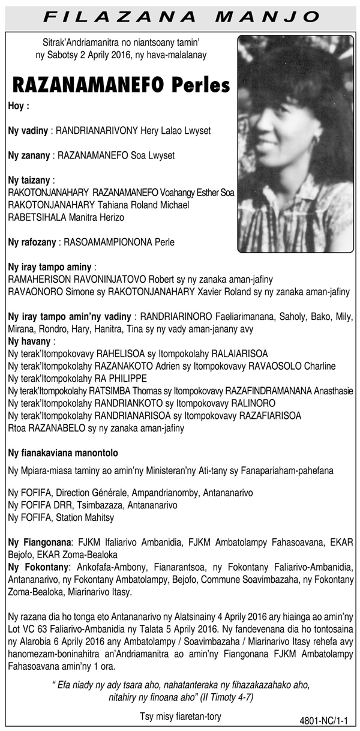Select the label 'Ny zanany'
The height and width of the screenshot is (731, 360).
coord(29,155)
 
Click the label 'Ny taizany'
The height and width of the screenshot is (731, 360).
coord(29,179)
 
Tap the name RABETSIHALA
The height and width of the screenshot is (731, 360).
coord(37,217)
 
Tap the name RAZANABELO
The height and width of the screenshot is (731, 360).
coord(53,428)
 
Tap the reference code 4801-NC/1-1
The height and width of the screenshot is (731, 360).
coord(326,720)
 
